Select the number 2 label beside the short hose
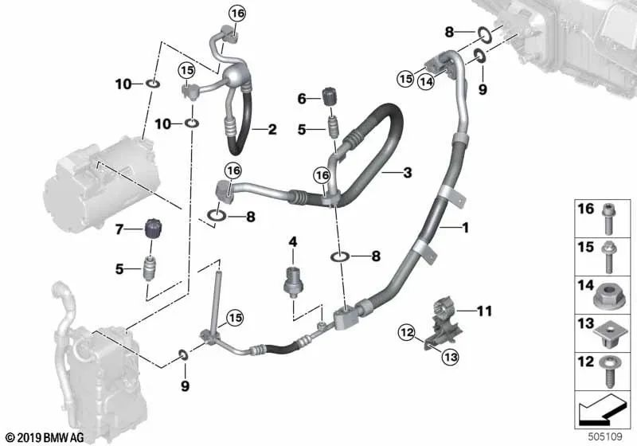272,128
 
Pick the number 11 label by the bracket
486,308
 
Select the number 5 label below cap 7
120,269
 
